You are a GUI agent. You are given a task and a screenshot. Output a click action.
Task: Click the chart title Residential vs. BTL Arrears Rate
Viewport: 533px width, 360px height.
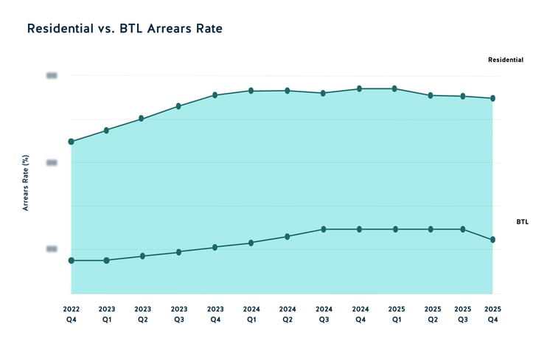point(125,30)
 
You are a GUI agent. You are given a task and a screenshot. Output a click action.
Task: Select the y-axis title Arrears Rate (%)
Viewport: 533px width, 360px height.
point(25,183)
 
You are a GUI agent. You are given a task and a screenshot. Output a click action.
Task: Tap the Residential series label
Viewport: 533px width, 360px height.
point(506,60)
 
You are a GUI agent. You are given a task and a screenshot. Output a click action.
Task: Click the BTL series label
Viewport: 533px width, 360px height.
point(522,221)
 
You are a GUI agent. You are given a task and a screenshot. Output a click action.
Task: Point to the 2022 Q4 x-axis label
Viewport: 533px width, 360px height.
point(71,314)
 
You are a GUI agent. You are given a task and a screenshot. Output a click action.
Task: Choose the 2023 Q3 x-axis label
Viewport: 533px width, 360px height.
point(178,314)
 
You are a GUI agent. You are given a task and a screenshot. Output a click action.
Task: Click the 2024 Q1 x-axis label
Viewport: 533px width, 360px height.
point(251,314)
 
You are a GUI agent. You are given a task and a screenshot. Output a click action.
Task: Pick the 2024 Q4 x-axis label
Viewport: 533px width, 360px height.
point(360,314)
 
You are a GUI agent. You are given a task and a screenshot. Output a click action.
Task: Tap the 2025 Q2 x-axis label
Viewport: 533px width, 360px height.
point(432,314)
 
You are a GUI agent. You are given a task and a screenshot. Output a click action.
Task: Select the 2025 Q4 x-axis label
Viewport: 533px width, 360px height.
point(492,314)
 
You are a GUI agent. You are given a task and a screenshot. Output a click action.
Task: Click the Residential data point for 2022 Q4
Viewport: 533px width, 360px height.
point(71,141)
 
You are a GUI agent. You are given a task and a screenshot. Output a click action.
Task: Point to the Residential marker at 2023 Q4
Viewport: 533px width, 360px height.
point(215,95)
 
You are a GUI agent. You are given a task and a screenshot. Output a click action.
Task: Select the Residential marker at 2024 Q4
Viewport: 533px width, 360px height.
point(360,89)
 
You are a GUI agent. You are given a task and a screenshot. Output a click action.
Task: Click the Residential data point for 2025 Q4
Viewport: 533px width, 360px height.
point(492,98)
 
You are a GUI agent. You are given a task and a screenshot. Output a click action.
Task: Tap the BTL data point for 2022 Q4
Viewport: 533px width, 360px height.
point(71,260)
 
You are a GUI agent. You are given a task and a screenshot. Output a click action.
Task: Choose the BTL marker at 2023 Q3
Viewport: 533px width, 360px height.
point(178,252)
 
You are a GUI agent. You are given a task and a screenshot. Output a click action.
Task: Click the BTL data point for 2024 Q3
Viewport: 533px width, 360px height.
point(324,229)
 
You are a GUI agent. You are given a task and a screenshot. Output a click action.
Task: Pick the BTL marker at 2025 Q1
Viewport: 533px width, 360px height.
point(395,229)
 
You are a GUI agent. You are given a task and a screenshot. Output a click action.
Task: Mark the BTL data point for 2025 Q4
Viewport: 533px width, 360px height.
point(492,240)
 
